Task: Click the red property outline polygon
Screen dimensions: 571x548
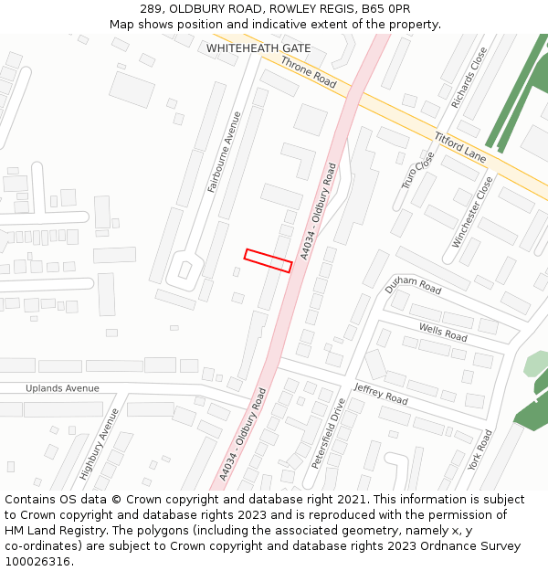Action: (268, 260)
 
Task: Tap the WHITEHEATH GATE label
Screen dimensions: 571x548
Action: (258, 48)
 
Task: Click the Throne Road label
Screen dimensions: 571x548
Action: (309, 72)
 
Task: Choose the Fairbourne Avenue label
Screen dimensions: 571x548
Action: (225, 152)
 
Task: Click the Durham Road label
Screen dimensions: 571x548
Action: (413, 286)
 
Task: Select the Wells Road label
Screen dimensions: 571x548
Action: (443, 333)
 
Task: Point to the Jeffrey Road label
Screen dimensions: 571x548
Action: (381, 394)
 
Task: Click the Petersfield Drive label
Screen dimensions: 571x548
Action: (329, 433)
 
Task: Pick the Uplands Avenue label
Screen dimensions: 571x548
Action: (62, 388)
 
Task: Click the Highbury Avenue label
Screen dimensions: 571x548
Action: (100, 444)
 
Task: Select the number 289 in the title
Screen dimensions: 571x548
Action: (152, 9)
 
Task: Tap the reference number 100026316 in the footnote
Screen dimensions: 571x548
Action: (38, 562)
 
